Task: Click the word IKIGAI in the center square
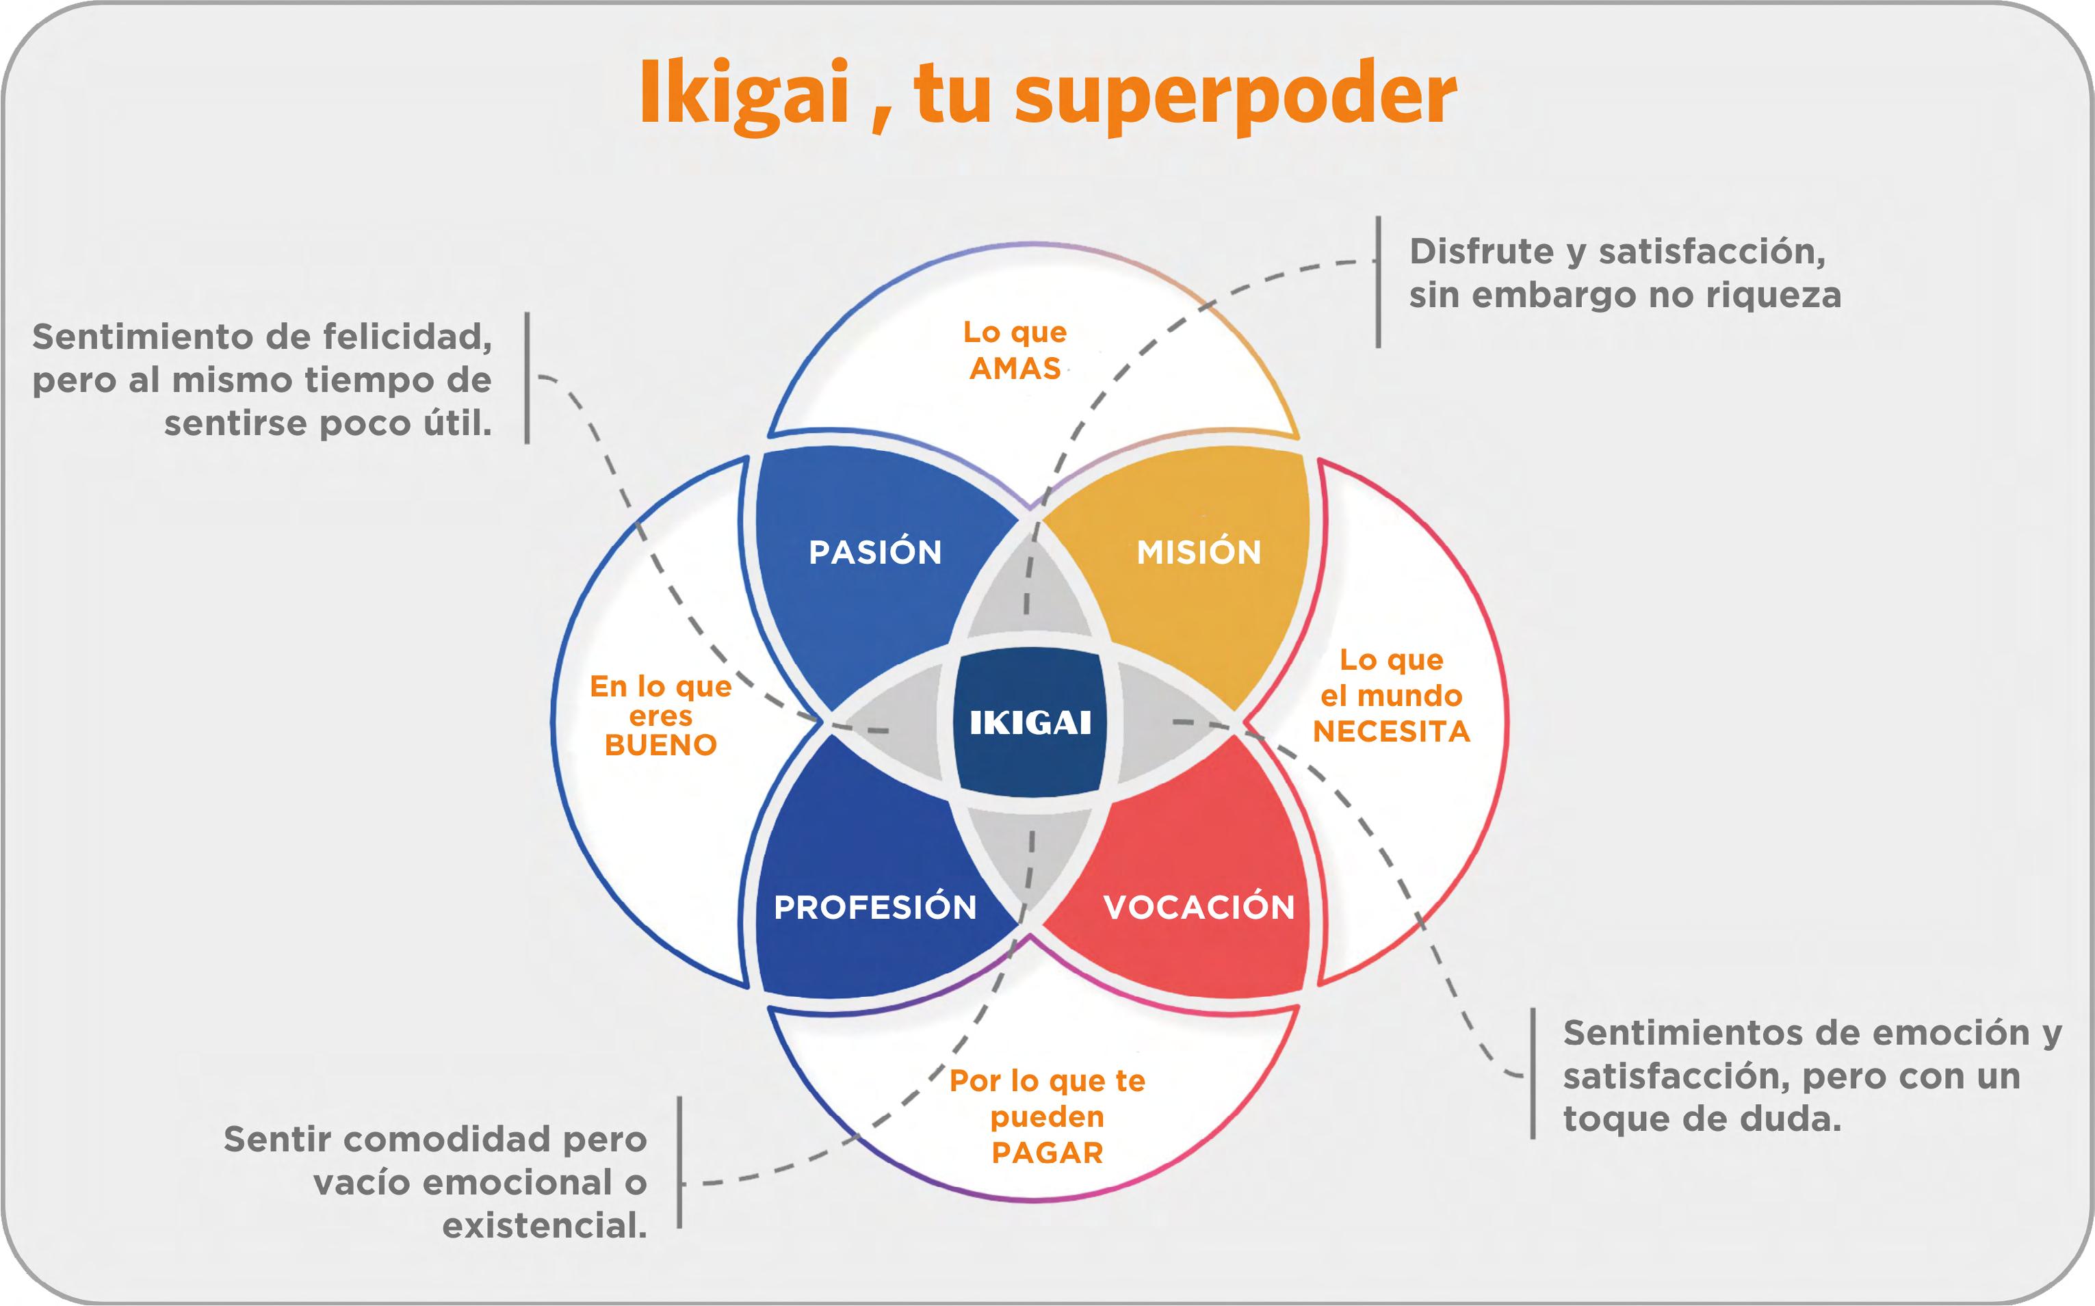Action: pos(1030,722)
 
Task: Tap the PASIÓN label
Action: pos(875,552)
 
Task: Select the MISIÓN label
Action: pos(1199,552)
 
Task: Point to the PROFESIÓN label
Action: pos(875,907)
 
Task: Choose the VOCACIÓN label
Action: pos(1199,907)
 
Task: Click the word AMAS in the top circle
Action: pos(1015,369)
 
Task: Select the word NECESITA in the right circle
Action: pos(1391,731)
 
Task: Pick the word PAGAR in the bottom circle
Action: pos(1047,1153)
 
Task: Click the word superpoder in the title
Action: pos(1235,96)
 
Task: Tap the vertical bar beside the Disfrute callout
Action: pos(1378,283)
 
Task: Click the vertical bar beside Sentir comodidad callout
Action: pos(679,1162)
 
